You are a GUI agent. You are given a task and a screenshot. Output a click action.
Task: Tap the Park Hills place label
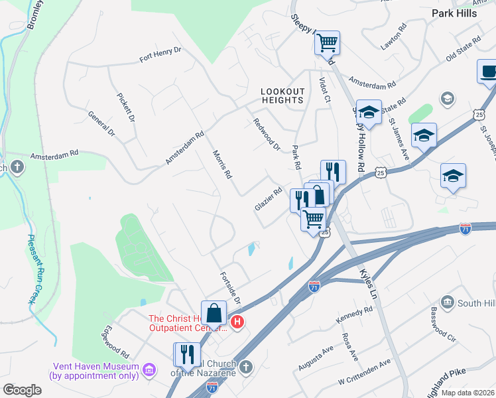point(454,13)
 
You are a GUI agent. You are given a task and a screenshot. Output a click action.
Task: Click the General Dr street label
point(102,124)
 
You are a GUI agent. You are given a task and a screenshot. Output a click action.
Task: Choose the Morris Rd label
point(222,164)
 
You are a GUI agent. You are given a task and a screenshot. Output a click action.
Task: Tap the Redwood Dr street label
point(267,134)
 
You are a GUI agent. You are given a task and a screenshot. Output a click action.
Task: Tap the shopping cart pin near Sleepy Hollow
point(327,44)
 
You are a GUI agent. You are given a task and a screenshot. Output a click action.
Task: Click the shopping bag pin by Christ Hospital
point(214,312)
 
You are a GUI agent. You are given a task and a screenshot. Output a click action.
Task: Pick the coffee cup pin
point(488,72)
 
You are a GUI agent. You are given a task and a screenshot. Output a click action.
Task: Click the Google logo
point(22,390)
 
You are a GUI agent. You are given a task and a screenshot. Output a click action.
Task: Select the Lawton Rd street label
point(393,37)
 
